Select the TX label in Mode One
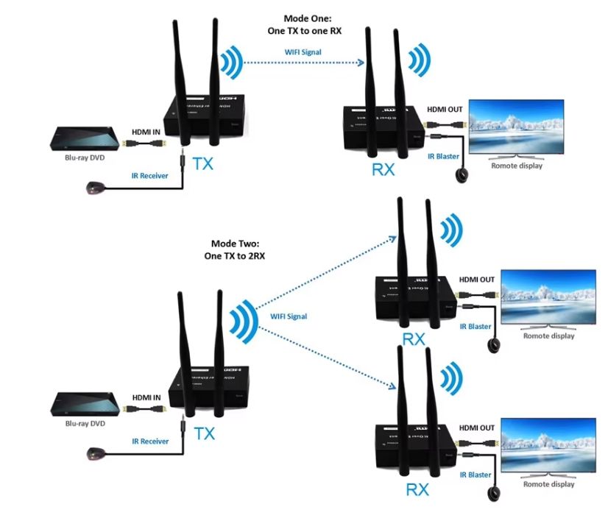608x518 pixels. tap(202, 163)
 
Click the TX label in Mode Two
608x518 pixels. tap(204, 433)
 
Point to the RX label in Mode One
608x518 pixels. tap(383, 170)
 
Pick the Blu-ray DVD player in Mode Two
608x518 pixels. tap(84, 404)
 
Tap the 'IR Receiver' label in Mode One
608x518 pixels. tap(150, 176)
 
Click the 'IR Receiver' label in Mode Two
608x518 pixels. tap(150, 441)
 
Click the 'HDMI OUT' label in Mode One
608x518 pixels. tap(445, 110)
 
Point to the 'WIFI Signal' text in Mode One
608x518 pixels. tap(303, 52)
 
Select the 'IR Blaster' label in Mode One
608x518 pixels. tap(442, 156)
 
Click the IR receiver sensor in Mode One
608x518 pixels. tap(93, 191)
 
